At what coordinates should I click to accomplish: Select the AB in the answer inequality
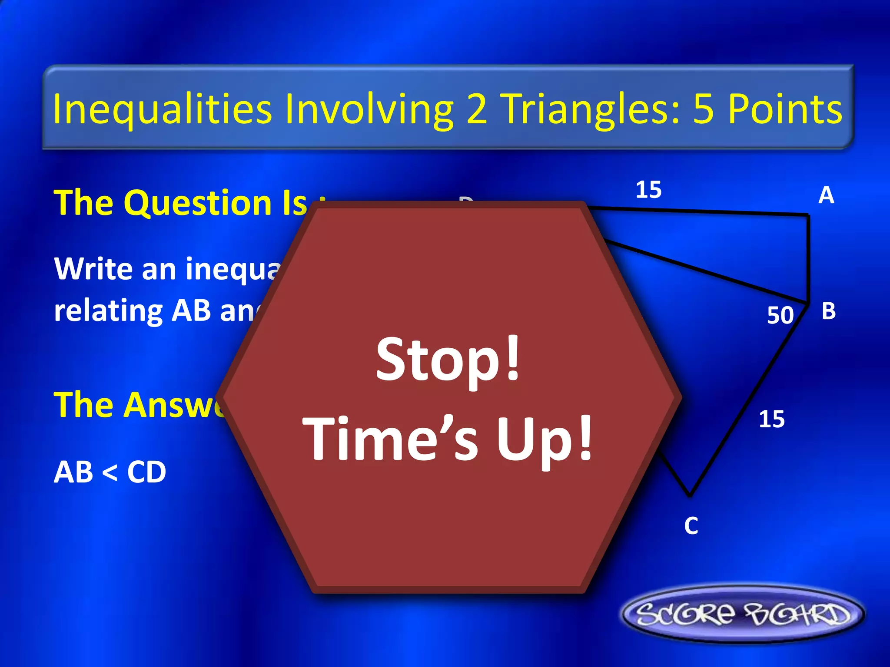[73, 472]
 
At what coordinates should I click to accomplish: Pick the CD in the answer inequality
[146, 472]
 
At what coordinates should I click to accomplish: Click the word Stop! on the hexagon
[448, 360]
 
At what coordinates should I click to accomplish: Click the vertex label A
[826, 195]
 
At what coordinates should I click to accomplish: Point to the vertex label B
[828, 311]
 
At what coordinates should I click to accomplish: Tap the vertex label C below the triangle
[691, 526]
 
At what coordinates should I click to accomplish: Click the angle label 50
[780, 315]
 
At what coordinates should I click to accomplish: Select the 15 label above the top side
[648, 190]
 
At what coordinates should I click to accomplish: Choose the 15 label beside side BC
[772, 419]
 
